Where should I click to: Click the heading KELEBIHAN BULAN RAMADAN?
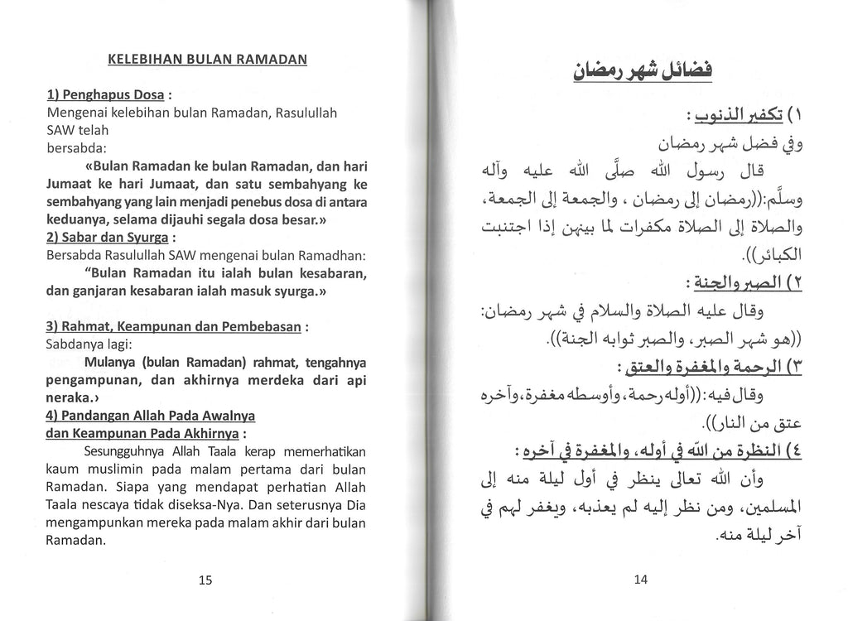tap(208, 60)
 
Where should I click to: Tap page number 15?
tap(206, 580)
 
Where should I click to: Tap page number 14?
tap(640, 580)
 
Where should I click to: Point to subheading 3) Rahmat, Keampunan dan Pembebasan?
tap(173, 327)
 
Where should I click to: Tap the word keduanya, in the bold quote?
tap(79, 220)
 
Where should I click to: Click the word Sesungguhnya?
tap(124, 452)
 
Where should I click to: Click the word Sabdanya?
tap(76, 344)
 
